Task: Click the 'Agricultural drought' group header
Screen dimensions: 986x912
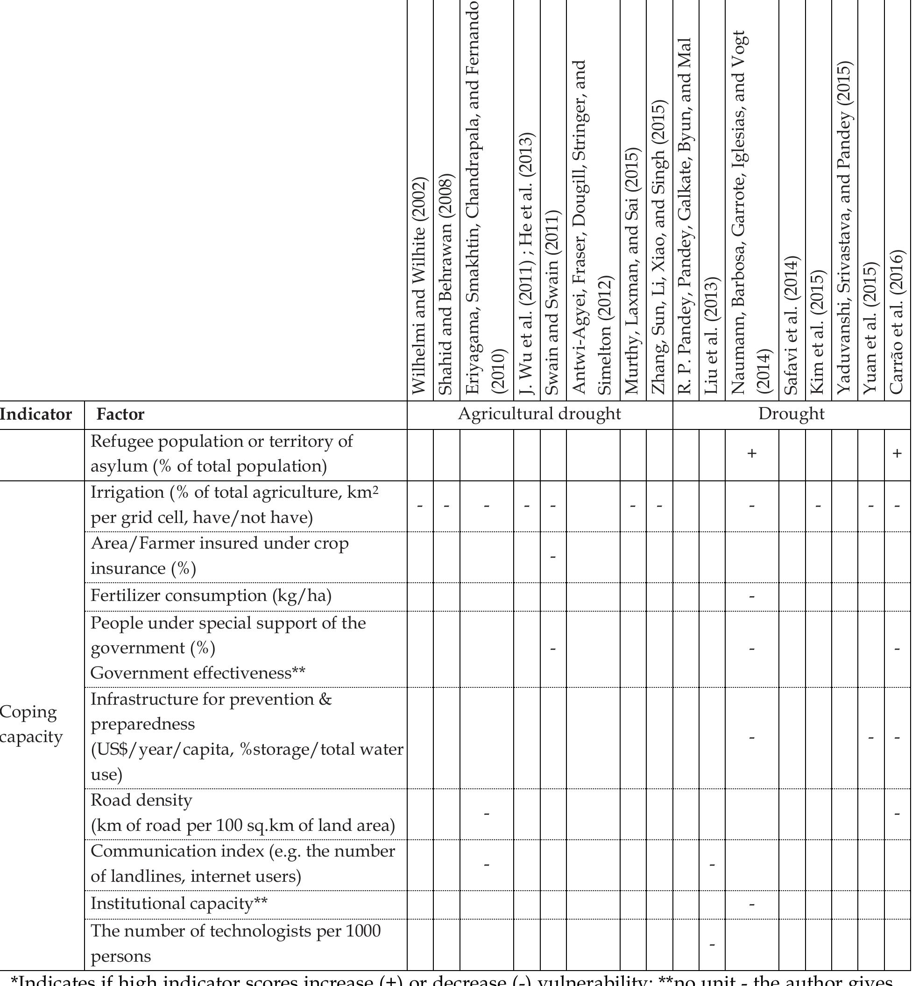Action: (539, 414)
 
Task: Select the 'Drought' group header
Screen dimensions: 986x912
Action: (791, 414)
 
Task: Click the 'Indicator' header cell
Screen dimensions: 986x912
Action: (35, 414)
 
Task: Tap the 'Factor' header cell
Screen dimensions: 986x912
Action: (120, 414)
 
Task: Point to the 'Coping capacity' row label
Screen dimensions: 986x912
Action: (31, 724)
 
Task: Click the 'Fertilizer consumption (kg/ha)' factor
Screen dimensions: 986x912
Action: (211, 596)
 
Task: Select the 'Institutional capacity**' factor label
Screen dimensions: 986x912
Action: (179, 904)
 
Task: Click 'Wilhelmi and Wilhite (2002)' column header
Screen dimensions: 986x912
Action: (419, 286)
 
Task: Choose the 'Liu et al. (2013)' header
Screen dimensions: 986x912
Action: (712, 336)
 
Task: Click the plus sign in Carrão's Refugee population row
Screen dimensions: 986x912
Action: (897, 454)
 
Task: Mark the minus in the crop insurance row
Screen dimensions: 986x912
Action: (553, 557)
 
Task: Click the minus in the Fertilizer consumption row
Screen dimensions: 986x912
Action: (752, 596)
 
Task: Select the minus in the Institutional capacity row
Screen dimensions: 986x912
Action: (752, 905)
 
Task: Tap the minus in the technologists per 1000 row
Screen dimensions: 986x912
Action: (712, 944)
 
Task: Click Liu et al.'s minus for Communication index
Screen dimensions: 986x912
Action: (712, 865)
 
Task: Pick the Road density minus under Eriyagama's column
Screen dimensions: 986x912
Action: (486, 813)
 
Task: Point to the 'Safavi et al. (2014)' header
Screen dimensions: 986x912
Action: (792, 326)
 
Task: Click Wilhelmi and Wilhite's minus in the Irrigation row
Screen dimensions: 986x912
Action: (420, 506)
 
